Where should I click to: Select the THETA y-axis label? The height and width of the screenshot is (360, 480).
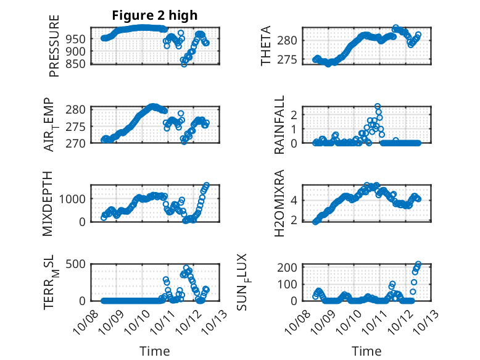(266, 45)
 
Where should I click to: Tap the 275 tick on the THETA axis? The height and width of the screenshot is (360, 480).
(292, 60)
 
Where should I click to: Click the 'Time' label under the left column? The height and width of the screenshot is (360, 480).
(155, 351)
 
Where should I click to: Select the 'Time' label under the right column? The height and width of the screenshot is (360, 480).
(366, 351)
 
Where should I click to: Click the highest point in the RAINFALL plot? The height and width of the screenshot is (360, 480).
(378, 107)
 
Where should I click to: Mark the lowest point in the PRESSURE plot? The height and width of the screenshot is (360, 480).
(184, 64)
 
